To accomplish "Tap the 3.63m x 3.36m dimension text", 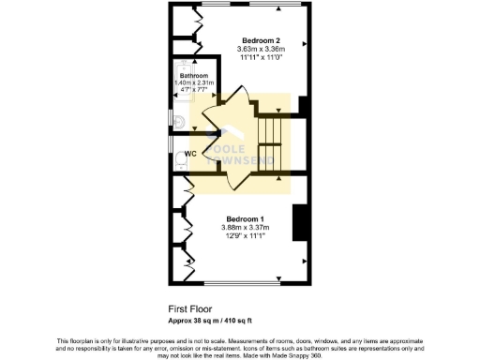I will (262, 49).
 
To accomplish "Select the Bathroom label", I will (194, 76).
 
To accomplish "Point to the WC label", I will (189, 153).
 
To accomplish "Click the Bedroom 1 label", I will (245, 218).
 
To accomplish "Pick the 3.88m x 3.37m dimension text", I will (245, 227).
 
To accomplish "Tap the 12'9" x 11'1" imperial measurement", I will (245, 235).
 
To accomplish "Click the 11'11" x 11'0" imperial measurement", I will (262, 57).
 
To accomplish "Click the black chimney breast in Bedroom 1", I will (301, 223).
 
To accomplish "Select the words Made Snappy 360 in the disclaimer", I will (309, 347).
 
